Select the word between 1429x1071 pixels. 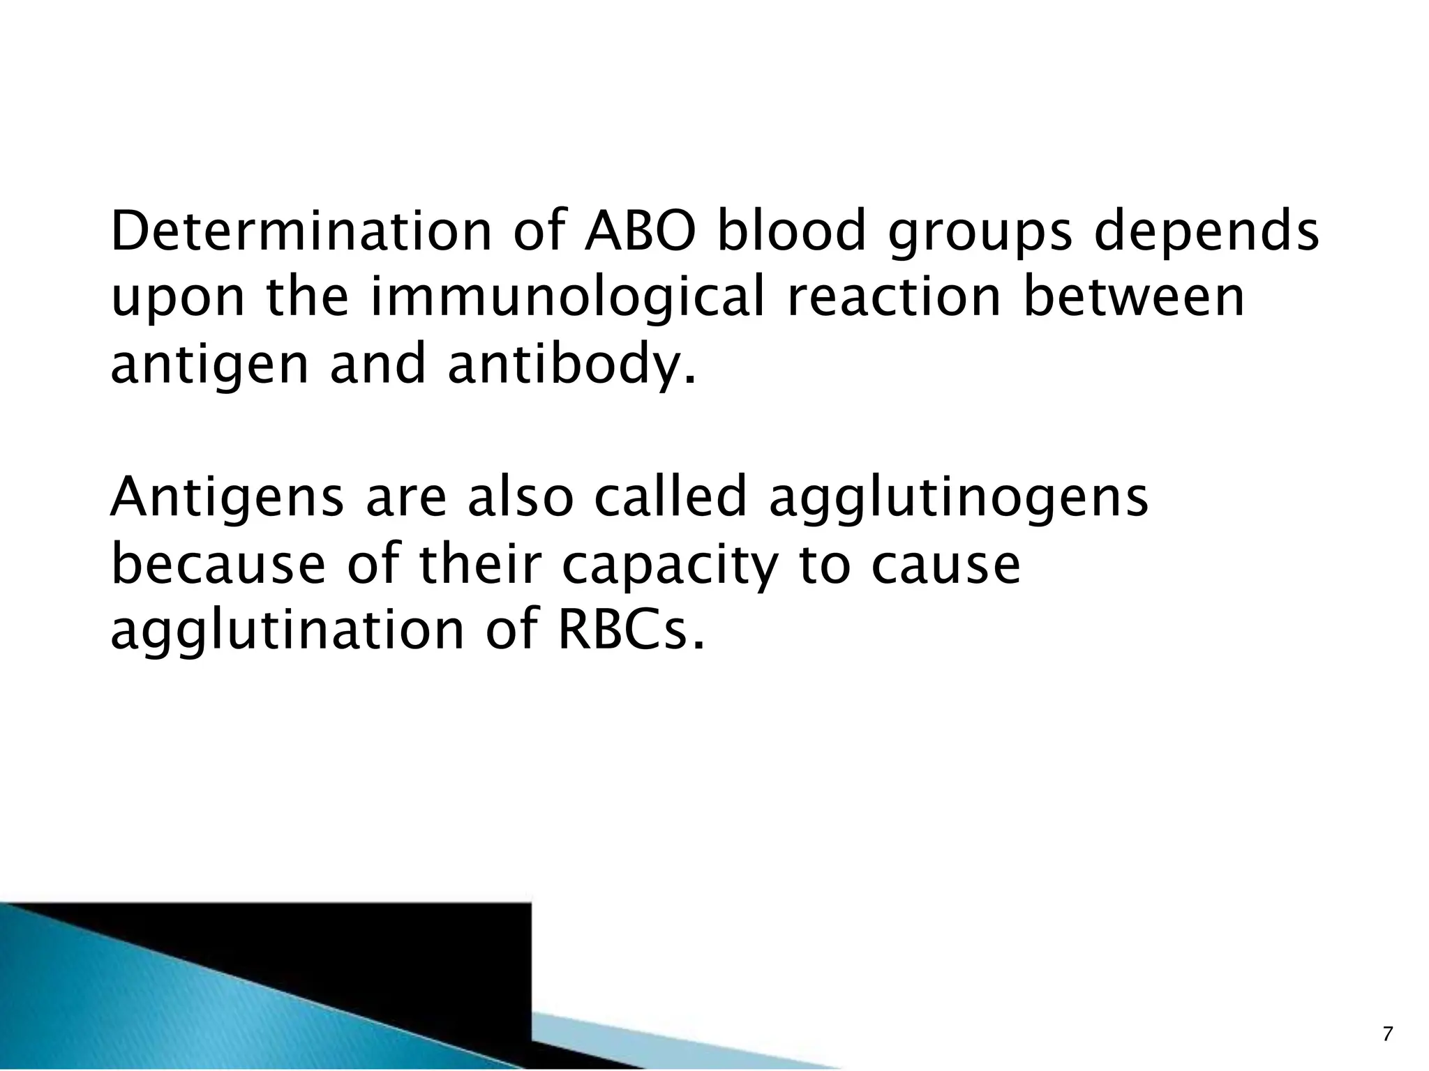coord(1133,297)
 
